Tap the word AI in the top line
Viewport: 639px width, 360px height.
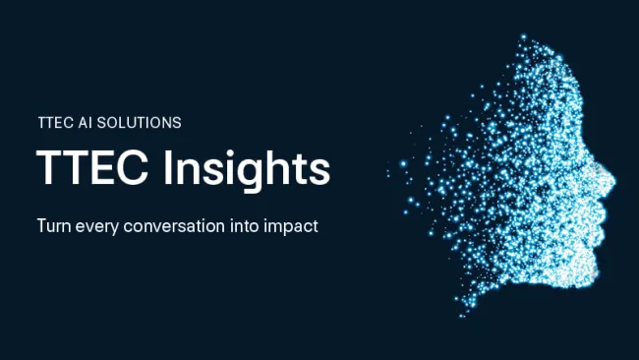(88, 123)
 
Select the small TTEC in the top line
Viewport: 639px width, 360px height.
(55, 123)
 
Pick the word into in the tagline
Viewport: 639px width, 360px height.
(246, 225)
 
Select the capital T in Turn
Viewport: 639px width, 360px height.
(42, 225)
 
